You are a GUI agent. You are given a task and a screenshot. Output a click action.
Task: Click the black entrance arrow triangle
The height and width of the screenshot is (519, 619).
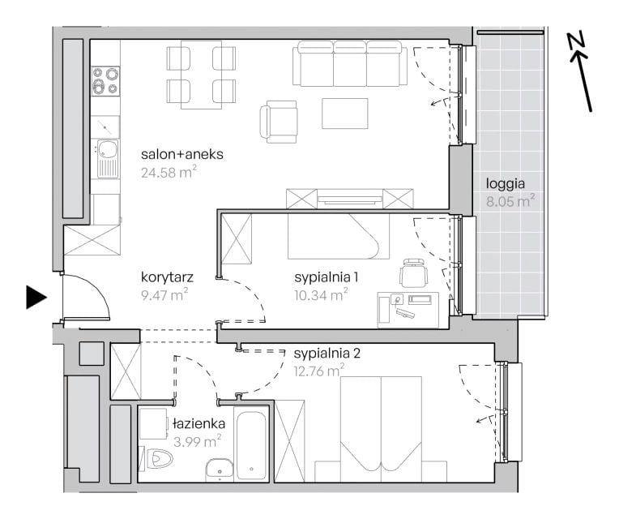click(36, 297)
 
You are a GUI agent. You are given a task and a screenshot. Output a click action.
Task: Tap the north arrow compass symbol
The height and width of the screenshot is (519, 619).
click(580, 72)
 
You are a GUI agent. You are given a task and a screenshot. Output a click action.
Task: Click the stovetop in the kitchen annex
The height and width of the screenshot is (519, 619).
click(105, 81)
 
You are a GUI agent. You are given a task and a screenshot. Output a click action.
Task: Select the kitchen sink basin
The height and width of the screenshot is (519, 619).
click(108, 149)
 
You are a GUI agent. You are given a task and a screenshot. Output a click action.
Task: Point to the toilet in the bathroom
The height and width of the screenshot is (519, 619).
click(160, 459)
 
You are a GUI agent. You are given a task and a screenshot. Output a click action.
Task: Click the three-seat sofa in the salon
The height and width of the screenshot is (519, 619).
click(350, 63)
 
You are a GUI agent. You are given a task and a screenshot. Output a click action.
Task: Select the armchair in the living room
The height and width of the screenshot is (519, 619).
click(279, 122)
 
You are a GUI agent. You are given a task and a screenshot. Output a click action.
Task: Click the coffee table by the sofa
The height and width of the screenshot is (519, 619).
click(345, 114)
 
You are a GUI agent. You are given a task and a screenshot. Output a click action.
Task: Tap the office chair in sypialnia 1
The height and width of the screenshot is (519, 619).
click(413, 272)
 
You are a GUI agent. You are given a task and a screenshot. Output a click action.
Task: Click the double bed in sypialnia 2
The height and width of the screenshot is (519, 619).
click(381, 429)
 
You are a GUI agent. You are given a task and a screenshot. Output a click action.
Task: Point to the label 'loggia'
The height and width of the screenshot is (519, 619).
click(506, 183)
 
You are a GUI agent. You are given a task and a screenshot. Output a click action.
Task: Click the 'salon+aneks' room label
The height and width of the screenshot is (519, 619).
click(182, 154)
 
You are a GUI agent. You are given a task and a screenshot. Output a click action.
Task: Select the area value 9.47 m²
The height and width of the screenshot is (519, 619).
click(164, 294)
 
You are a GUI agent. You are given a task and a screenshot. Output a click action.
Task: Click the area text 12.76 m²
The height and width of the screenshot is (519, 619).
click(319, 371)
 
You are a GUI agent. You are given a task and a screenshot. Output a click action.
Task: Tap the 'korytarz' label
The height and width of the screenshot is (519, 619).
click(167, 277)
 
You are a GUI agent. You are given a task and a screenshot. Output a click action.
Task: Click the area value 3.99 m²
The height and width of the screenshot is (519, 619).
click(197, 441)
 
